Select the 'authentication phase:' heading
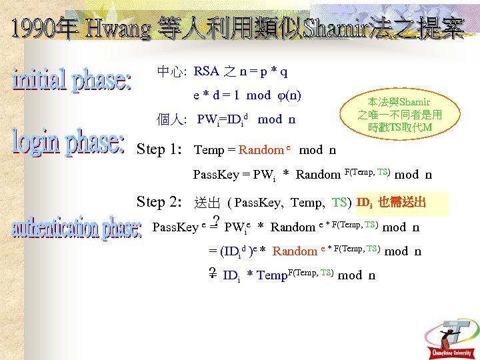pos(77,229)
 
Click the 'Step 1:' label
pos(159,149)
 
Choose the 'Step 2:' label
pos(160,201)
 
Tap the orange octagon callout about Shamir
pos(399,114)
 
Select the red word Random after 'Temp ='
pos(261,150)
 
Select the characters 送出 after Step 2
pos(207,203)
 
